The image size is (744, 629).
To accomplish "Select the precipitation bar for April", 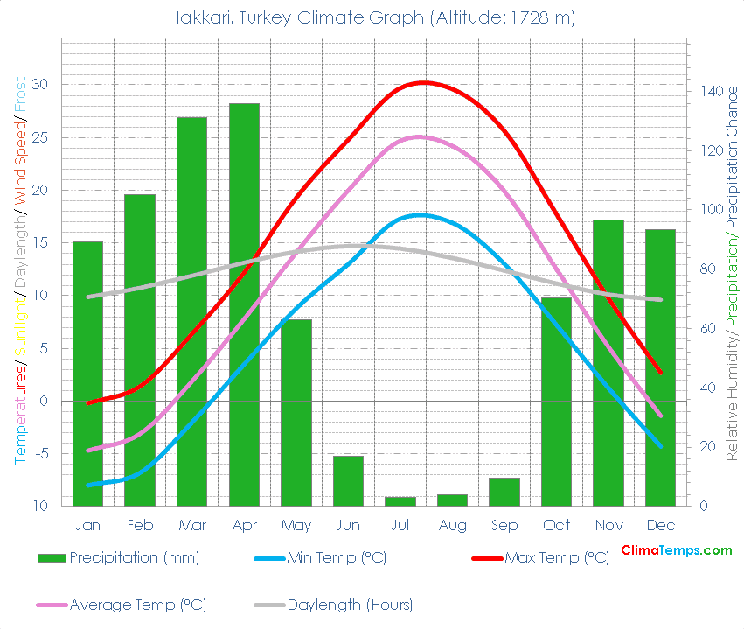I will pyautogui.click(x=244, y=304).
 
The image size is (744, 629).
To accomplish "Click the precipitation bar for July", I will pyautogui.click(x=400, y=501).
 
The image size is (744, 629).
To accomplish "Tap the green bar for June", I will pyautogui.click(x=348, y=480).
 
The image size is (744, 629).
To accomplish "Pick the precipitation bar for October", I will pyautogui.click(x=556, y=402).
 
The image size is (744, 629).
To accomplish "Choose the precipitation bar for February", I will pyautogui.click(x=140, y=350).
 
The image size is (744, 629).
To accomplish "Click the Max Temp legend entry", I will pyautogui.click(x=556, y=558).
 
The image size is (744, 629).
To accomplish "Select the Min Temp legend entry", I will pyautogui.click(x=336, y=558).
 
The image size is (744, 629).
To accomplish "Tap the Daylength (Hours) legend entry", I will pyautogui.click(x=349, y=605).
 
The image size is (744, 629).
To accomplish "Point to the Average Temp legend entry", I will pyautogui.click(x=137, y=605).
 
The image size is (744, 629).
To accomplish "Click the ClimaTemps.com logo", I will pyautogui.click(x=676, y=550).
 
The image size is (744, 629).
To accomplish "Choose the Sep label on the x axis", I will pyautogui.click(x=504, y=525).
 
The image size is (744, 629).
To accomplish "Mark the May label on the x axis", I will pyautogui.click(x=296, y=525).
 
